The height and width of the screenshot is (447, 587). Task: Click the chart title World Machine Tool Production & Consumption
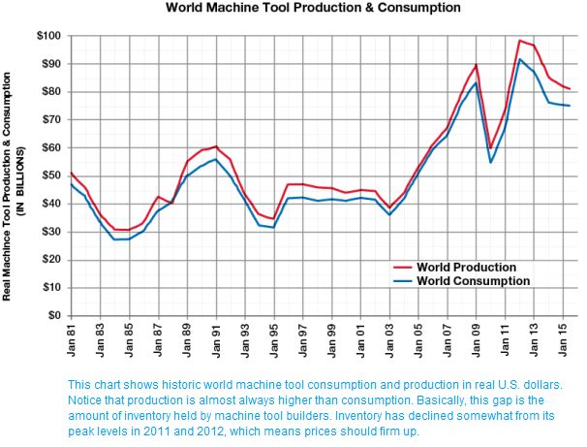[313, 8]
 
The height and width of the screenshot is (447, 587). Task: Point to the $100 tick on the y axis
[48, 36]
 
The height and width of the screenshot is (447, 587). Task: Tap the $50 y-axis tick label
[50, 176]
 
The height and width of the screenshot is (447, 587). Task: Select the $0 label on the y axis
[54, 315]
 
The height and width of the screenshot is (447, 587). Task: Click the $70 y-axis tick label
[50, 120]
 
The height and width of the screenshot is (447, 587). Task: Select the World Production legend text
[466, 267]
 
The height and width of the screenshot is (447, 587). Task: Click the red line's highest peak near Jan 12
[520, 41]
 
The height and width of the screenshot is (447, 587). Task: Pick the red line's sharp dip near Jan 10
[491, 148]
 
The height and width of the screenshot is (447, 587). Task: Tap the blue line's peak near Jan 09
[476, 82]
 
